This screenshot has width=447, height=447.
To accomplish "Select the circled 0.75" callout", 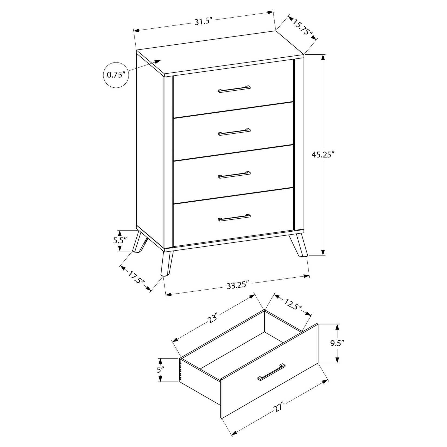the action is point(116,74).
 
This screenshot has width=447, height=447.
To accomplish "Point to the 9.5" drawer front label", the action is point(337,343).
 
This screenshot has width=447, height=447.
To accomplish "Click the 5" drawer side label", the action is point(160,370).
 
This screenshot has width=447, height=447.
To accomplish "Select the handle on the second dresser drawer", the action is point(234,132).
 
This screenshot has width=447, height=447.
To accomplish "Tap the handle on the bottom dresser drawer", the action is point(234,218).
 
